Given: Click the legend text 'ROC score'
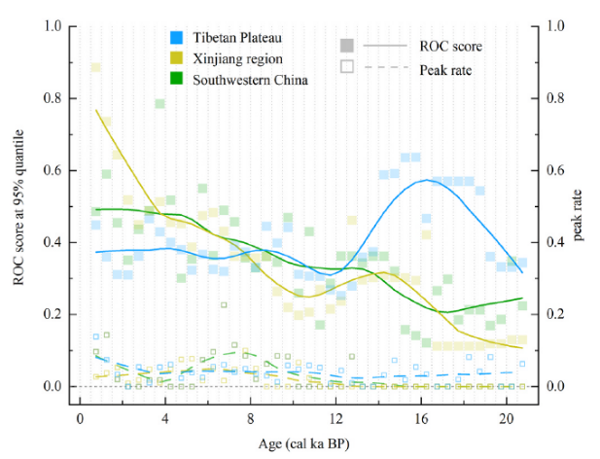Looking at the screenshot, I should point(450,46).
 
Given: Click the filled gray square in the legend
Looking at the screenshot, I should point(346,46).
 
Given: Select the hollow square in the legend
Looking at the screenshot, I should point(346,68).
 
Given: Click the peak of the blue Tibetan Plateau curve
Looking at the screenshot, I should point(425,180).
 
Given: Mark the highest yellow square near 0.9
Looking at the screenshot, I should point(96,67).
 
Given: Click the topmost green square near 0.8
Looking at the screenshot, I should point(159,104).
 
